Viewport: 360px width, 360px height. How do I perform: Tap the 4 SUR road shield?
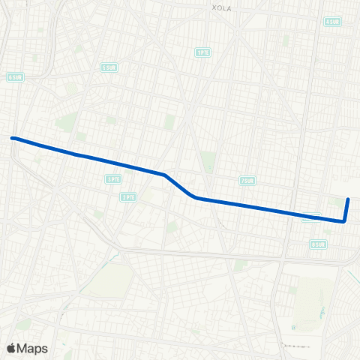pyautogui.click(x=333, y=21)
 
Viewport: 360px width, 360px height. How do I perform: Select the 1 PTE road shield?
pyautogui.click(x=202, y=52)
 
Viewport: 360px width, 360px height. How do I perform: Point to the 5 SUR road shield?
pyautogui.click(x=109, y=67)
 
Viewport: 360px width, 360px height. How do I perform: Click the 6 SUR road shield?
pyautogui.click(x=16, y=76)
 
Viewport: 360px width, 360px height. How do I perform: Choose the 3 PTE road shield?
pyautogui.click(x=113, y=178)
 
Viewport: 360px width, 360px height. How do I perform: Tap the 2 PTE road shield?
pyautogui.click(x=128, y=196)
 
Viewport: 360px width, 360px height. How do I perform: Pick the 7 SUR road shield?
pyautogui.click(x=247, y=181)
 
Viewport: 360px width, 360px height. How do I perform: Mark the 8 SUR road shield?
pyautogui.click(x=319, y=244)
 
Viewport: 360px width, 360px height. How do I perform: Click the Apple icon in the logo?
pyautogui.click(x=11, y=348)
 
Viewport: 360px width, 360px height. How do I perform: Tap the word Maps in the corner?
pyautogui.click(x=32, y=348)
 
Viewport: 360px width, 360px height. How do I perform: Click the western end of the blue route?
pyautogui.click(x=12, y=138)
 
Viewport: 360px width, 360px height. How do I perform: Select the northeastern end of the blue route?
pyautogui.click(x=349, y=199)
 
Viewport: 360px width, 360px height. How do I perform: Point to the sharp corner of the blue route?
pyautogui.click(x=344, y=221)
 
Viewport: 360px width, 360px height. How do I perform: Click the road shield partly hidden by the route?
pyautogui.click(x=308, y=219)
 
